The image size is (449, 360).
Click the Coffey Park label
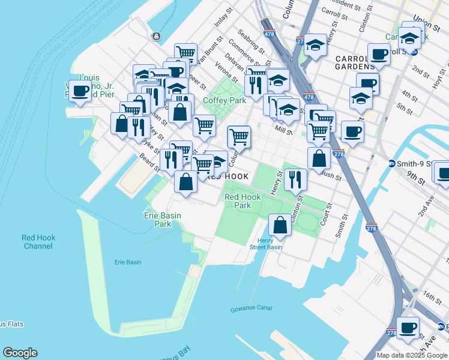[224, 100]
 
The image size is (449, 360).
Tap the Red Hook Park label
[242, 201]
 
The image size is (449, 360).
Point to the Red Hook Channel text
[39, 242]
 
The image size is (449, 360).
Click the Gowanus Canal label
[251, 309]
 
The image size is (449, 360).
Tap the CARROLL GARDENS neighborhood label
[355, 62]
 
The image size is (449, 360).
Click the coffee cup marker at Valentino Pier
[80, 92]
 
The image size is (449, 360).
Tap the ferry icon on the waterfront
[156, 36]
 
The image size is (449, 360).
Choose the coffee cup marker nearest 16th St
[408, 328]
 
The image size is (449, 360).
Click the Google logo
[20, 353]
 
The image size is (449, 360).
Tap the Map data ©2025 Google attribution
[412, 355]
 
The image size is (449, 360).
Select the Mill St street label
[283, 129]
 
